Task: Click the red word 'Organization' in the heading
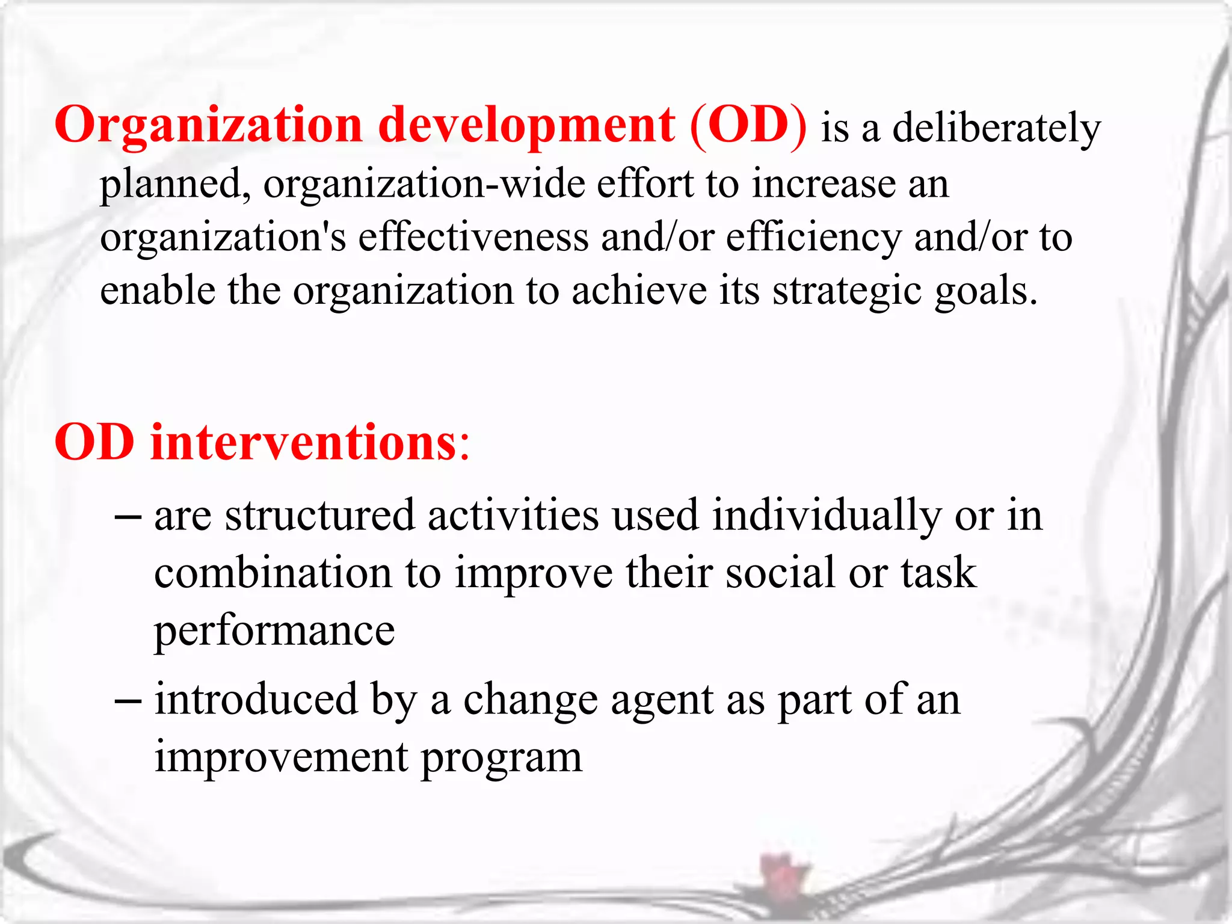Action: pyautogui.click(x=208, y=126)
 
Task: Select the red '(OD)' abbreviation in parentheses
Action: pyautogui.click(x=748, y=126)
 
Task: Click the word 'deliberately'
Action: pyautogui.click(x=996, y=129)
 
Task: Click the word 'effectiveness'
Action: pyautogui.click(x=473, y=236)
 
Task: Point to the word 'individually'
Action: pyautogui.click(x=826, y=517)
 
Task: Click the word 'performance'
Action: pyautogui.click(x=274, y=632)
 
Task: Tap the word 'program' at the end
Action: pyautogui.click(x=501, y=758)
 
